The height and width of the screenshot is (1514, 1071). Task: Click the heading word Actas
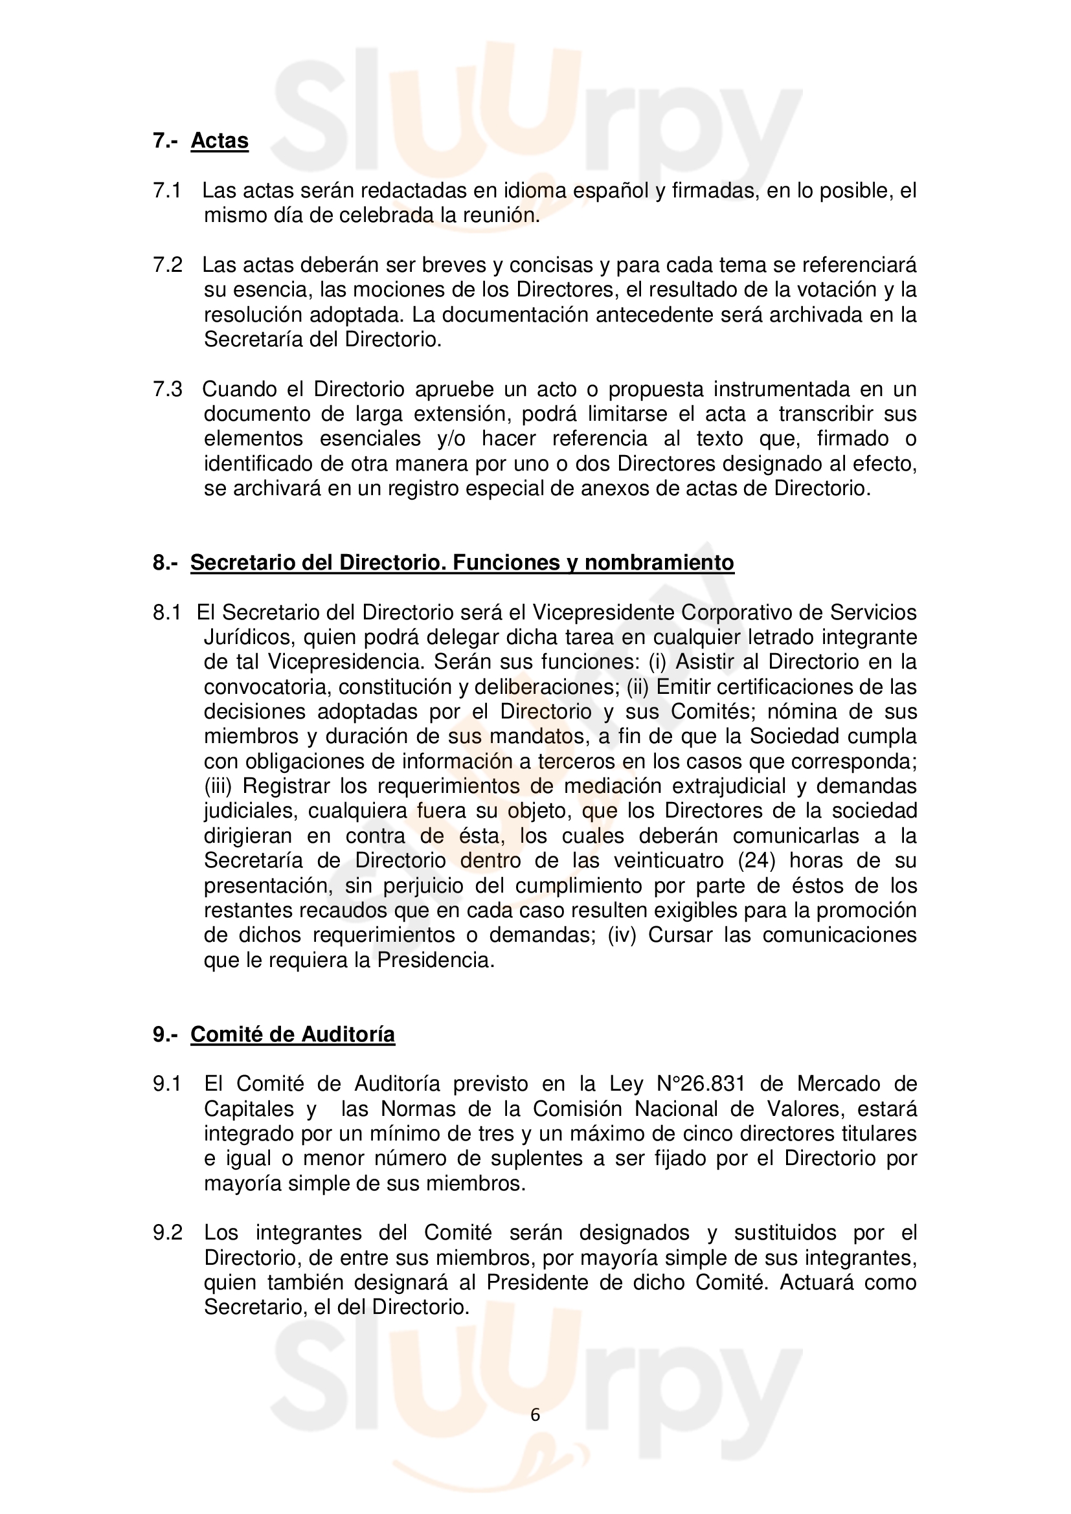pos(220,140)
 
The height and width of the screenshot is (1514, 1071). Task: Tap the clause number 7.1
pos(167,190)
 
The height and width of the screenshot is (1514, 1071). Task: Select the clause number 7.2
pos(167,265)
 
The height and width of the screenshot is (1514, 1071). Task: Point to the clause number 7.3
pos(167,389)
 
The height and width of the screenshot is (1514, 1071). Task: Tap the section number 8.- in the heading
pos(165,562)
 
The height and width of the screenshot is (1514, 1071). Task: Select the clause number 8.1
pos(167,612)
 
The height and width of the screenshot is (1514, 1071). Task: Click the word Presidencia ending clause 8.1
pos(435,960)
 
